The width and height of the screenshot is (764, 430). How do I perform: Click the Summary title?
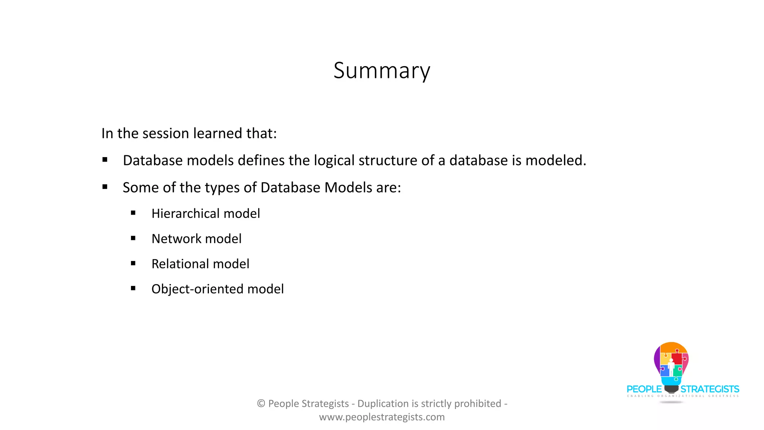point(382,70)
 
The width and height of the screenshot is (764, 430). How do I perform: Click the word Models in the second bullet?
point(348,187)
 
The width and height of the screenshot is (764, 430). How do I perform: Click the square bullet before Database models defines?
point(105,160)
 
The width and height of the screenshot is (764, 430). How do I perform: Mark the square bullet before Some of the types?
point(105,187)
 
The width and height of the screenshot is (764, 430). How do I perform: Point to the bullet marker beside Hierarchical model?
point(133,213)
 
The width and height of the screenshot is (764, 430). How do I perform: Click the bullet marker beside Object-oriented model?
point(133,288)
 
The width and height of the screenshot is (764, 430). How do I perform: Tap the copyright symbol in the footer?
point(261,403)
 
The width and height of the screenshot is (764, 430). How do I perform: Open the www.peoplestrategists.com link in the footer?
point(382,417)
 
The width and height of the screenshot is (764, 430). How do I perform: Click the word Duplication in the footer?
point(383,403)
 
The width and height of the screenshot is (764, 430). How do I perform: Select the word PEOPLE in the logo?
point(644,389)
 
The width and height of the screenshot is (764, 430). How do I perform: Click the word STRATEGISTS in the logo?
point(710,389)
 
